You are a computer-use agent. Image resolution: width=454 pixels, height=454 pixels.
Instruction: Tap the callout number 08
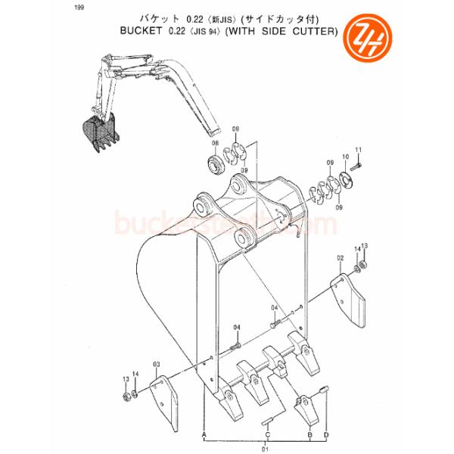point(215,144)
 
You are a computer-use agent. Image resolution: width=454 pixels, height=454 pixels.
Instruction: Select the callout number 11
point(359,149)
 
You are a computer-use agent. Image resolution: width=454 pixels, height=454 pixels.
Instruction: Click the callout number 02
point(340,259)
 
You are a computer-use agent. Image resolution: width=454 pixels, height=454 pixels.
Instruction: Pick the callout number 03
point(157,365)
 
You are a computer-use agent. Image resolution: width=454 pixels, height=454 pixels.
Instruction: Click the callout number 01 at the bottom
point(265,448)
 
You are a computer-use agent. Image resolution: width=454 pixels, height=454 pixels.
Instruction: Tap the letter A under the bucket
point(204,435)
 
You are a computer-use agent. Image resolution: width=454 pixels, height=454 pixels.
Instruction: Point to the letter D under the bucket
point(326,435)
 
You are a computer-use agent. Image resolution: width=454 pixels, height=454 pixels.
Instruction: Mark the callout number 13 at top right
point(363,246)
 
